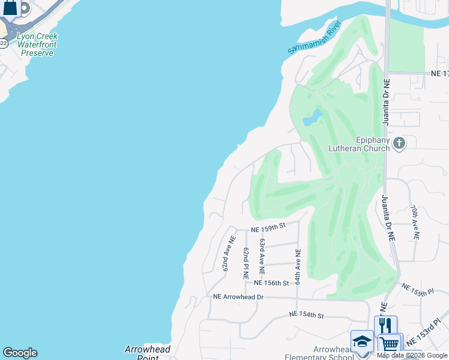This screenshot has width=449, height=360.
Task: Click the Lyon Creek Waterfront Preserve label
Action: point(37,44)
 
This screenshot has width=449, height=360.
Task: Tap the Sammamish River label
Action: point(314,38)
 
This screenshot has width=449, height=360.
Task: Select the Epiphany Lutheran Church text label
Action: point(357,144)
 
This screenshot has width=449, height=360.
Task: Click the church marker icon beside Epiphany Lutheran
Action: point(399,143)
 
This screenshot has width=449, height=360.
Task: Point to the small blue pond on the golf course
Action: point(312,117)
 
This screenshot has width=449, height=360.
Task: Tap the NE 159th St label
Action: point(267,227)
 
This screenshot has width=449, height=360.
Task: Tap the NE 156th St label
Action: point(272,283)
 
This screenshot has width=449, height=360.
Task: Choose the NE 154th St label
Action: point(306,315)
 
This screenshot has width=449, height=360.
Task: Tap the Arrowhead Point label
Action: point(148,353)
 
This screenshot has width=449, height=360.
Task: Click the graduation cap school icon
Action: point(362,342)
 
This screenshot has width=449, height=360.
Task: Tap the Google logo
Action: point(20,353)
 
